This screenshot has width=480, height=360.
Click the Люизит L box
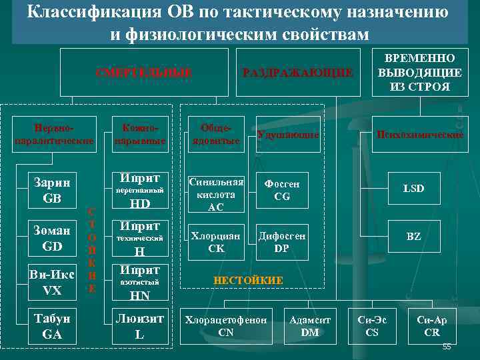coord(139,326)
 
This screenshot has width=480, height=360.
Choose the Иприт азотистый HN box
coord(139,283)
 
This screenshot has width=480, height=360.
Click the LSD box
coord(413,189)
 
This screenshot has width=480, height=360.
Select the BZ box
coord(413,237)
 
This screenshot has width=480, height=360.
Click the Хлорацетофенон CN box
coord(226,326)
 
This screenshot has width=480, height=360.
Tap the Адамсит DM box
coord(309,326)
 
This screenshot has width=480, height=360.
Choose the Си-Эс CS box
coord(372,326)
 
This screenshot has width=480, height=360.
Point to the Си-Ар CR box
coord(432,326)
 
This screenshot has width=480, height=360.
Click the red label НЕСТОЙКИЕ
coord(248,281)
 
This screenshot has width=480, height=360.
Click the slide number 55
coord(447,347)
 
